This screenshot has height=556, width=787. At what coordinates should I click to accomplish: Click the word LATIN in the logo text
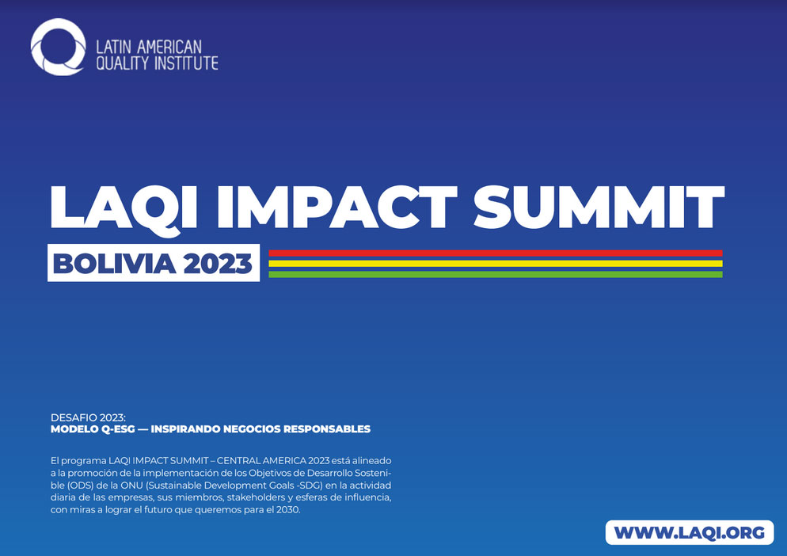(113, 48)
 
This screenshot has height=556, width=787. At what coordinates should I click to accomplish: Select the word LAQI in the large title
(124, 208)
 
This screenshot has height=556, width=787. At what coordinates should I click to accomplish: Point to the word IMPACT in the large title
(336, 207)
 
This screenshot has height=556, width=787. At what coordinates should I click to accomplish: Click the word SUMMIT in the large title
(599, 207)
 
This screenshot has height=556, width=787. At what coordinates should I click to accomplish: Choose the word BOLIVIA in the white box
(115, 264)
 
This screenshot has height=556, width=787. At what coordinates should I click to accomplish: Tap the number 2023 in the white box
(218, 264)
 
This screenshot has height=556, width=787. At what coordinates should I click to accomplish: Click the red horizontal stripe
(496, 253)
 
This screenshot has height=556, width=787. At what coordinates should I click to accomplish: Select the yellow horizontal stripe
(496, 264)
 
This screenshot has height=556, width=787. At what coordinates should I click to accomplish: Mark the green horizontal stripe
(496, 274)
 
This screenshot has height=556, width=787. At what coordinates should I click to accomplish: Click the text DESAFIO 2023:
(88, 418)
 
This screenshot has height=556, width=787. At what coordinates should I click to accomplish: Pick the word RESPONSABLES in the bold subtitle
(327, 429)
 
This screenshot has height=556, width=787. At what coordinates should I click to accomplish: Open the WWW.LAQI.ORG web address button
(690, 533)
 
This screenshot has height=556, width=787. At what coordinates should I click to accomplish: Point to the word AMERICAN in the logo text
(169, 48)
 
